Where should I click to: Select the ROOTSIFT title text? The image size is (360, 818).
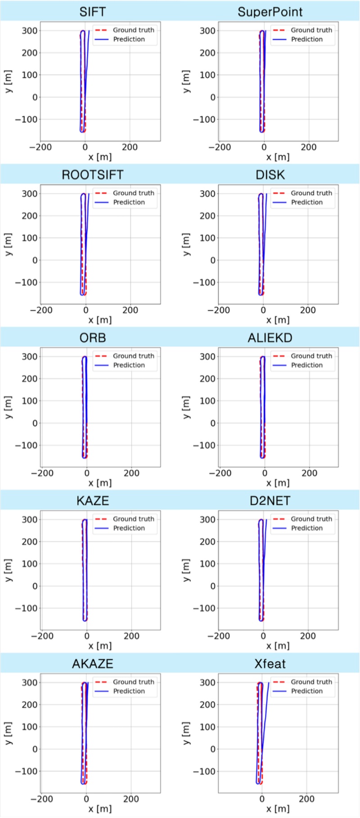point(92,175)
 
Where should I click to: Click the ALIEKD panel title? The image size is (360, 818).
point(270,337)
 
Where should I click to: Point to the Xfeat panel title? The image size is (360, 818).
point(270,664)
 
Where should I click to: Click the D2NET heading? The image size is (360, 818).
point(270,501)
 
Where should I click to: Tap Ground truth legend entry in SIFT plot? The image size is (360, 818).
point(133,30)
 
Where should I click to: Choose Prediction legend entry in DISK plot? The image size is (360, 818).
point(306,202)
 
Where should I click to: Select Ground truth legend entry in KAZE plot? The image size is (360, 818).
point(133,519)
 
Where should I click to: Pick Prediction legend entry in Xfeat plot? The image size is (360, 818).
point(306,691)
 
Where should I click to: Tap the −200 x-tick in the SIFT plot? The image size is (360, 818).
point(40,147)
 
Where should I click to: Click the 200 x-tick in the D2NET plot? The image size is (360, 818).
point(308,636)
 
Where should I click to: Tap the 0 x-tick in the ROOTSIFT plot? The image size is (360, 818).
point(86,310)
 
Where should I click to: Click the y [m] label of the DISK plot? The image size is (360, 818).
point(186,244)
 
